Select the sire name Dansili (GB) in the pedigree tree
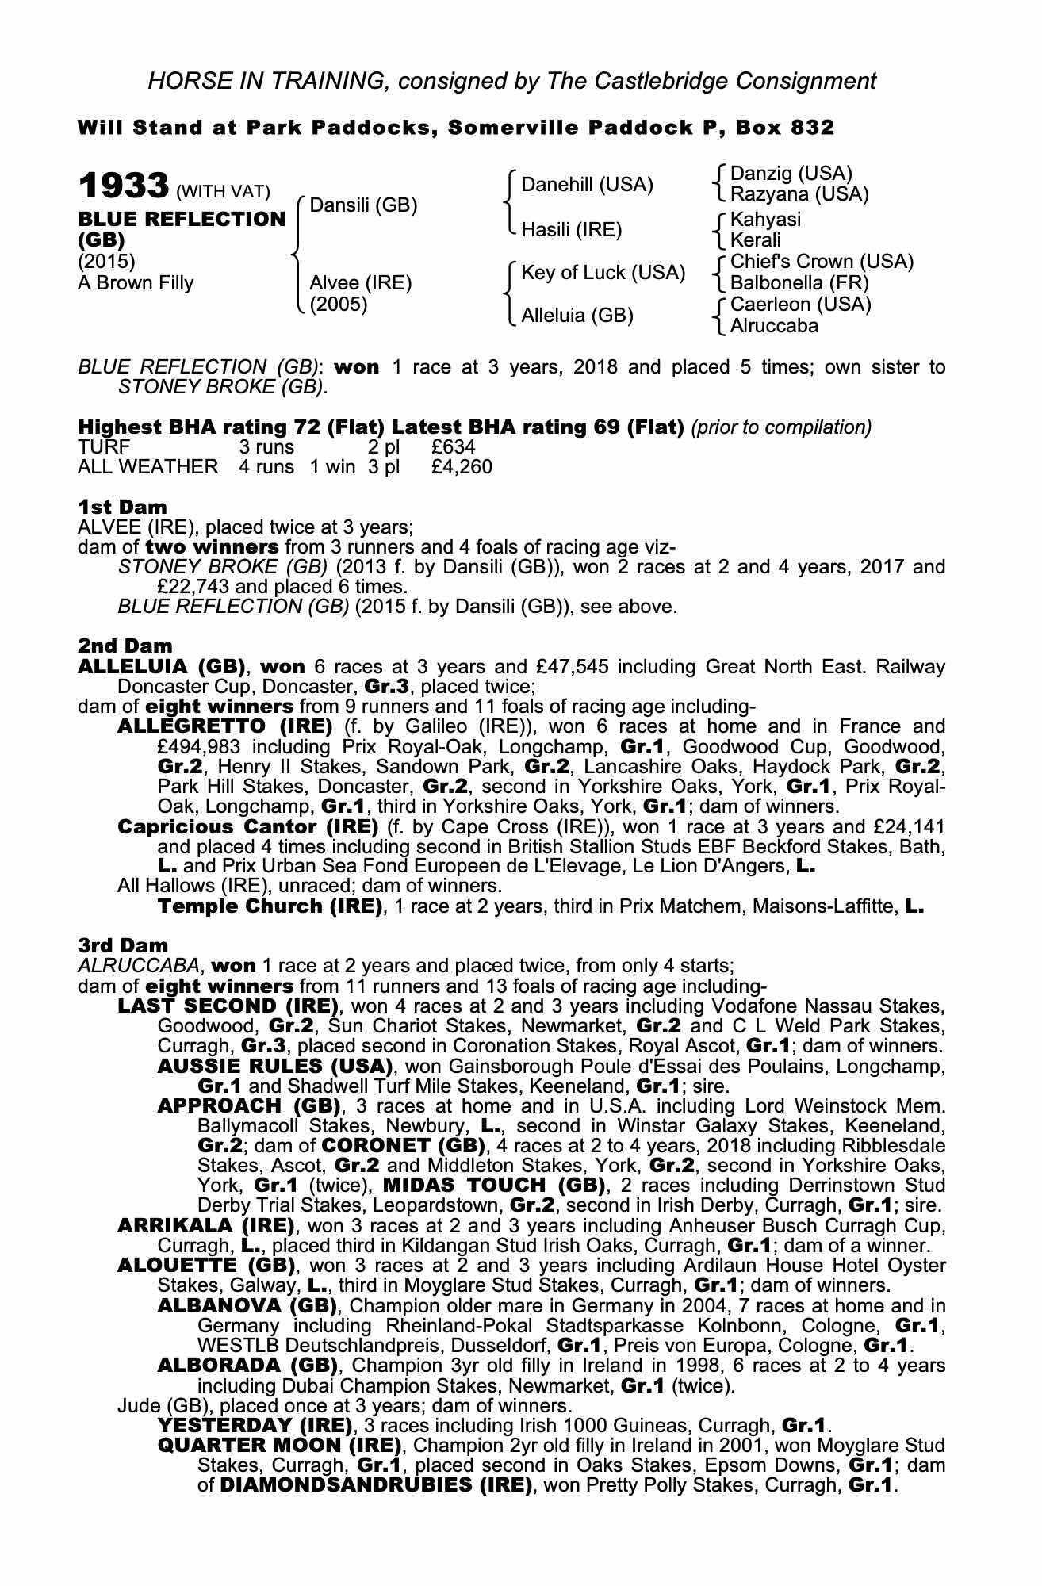363,205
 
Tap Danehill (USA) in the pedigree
587,185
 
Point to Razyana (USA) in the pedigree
799,193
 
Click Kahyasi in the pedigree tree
765,220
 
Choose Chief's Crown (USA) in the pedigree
822,262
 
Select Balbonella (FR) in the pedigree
799,283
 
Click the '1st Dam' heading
122,507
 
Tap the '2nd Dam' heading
125,646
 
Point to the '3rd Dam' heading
123,945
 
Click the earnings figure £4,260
462,467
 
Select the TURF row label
104,446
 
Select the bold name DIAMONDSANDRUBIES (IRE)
375,1485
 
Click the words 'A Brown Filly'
135,283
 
